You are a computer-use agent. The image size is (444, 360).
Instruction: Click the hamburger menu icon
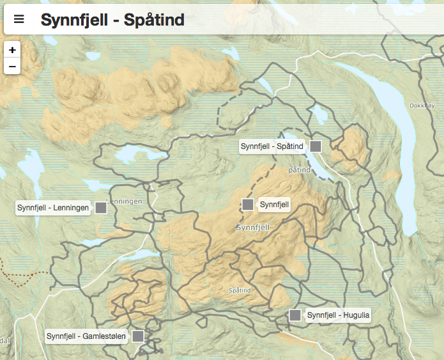pyautogui.click(x=19, y=19)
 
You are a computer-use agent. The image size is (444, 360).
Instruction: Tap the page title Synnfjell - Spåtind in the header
pyautogui.click(x=112, y=20)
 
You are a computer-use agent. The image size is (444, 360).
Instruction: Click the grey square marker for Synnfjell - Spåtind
pyautogui.click(x=316, y=146)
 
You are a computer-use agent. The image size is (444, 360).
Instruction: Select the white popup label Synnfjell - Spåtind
pyautogui.click(x=272, y=146)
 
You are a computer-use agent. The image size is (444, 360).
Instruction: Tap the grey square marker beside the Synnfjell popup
pyautogui.click(x=248, y=205)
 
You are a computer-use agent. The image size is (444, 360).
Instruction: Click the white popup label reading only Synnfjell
pyautogui.click(x=275, y=205)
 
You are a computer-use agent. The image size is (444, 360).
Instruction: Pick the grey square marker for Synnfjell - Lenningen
pyautogui.click(x=101, y=207)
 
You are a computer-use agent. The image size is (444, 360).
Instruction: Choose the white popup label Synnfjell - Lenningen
pyautogui.click(x=53, y=208)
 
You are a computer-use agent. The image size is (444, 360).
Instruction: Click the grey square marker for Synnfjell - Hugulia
pyautogui.click(x=295, y=315)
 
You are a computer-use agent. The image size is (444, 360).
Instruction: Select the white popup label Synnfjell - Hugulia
pyautogui.click(x=338, y=315)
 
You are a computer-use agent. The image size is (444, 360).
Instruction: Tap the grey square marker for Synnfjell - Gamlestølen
pyautogui.click(x=138, y=336)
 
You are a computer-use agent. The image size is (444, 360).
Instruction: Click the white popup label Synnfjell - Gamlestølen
pyautogui.click(x=86, y=336)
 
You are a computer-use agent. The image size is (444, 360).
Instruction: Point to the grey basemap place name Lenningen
pyautogui.click(x=124, y=201)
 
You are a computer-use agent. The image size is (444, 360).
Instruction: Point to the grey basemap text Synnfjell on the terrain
pyautogui.click(x=253, y=228)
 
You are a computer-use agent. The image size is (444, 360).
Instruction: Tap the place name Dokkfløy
pyautogui.click(x=422, y=106)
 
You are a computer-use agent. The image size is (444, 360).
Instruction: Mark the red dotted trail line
pyautogui.click(x=26, y=275)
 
